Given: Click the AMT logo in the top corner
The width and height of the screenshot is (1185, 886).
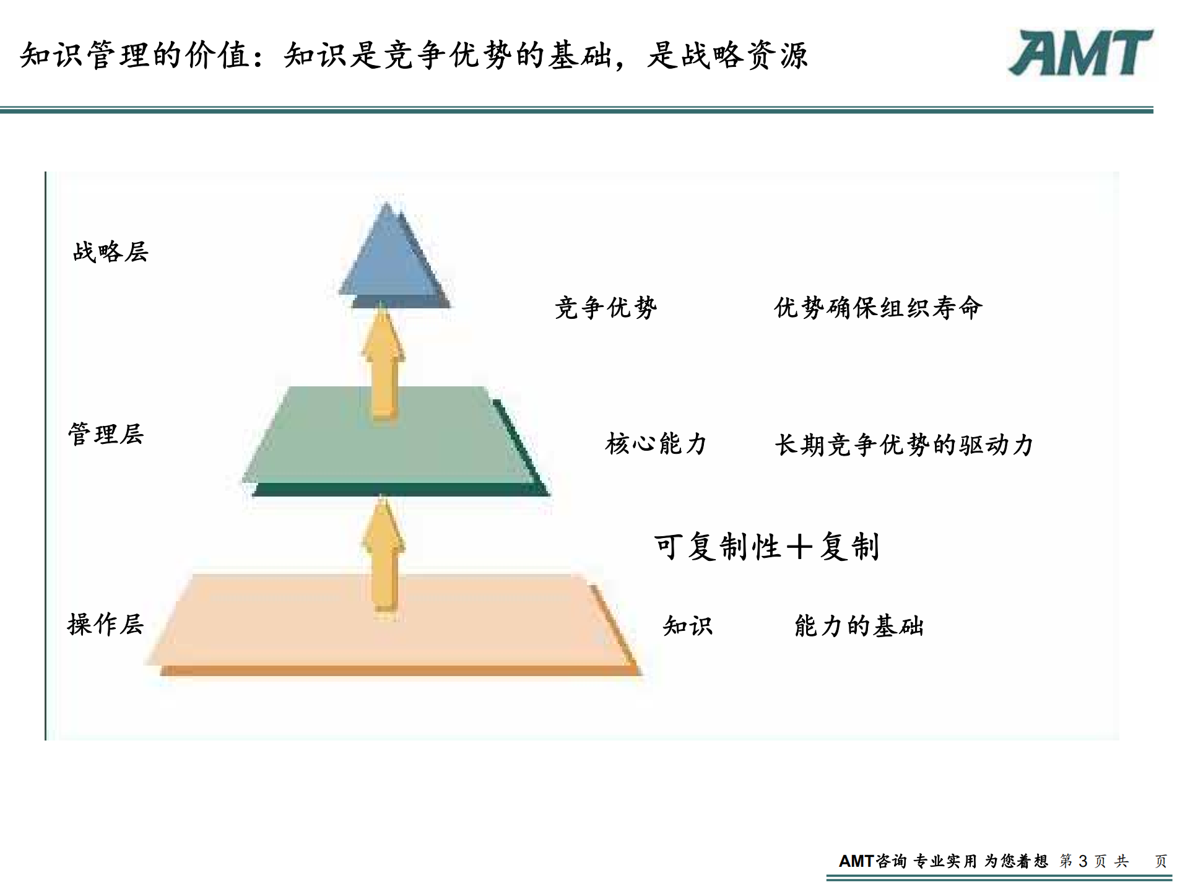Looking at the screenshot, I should click(1080, 53).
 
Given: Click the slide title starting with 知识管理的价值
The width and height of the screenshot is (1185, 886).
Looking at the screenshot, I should click(414, 55).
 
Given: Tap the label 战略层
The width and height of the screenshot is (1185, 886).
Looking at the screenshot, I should click(111, 252).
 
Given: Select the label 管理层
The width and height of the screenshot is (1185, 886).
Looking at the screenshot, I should click(106, 434).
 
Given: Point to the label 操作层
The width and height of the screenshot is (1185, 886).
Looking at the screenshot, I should click(106, 624).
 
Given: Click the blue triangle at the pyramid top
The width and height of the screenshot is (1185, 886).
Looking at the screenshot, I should click(391, 260).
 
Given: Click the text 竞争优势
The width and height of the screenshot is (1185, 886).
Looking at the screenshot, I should click(606, 308).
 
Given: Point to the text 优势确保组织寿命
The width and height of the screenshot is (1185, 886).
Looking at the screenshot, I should click(878, 308).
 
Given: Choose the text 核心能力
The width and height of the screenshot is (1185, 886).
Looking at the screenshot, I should click(656, 444).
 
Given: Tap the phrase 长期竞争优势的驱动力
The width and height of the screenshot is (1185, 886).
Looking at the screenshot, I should click(904, 445).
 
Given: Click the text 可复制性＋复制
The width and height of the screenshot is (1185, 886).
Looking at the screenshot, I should click(766, 547).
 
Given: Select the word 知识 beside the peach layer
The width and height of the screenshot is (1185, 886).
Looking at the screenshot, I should click(688, 626).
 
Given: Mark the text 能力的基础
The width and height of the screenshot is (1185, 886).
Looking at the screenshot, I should click(859, 626).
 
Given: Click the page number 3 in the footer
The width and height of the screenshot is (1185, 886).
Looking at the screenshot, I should click(1083, 861).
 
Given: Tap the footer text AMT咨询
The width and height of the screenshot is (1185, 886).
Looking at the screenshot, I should click(872, 861).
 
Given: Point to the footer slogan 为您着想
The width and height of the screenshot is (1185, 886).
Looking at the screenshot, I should click(1016, 861).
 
